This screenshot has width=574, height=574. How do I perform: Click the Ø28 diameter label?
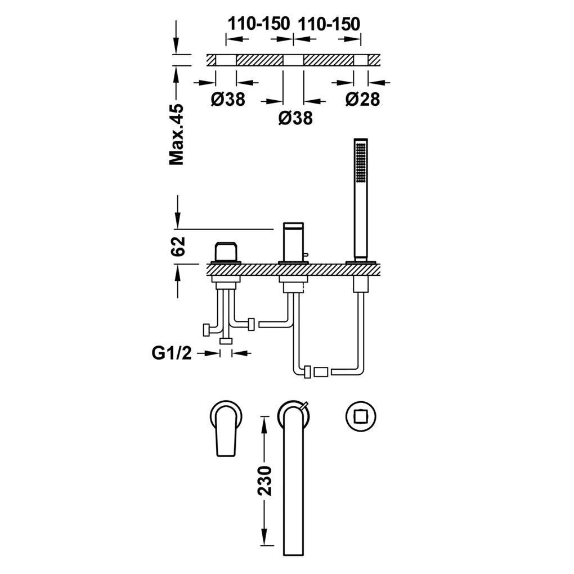(363, 99)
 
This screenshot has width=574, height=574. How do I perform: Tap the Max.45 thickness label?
(177, 134)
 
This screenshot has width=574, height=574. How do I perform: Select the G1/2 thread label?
(172, 353)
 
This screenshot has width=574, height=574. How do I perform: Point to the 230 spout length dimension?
(264, 480)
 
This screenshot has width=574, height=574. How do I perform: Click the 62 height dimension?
(178, 246)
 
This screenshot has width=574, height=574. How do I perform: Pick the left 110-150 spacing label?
(259, 24)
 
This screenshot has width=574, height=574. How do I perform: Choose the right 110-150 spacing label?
(329, 24)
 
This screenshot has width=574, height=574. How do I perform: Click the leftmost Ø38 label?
(228, 99)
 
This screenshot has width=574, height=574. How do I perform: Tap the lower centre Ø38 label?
(295, 118)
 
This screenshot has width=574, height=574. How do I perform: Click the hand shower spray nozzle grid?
(361, 163)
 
